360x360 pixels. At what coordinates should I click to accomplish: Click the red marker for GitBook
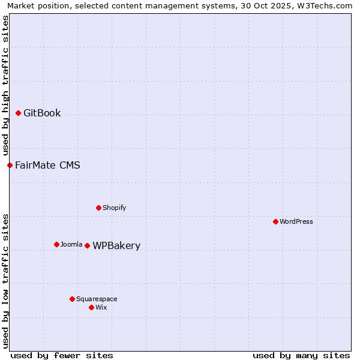pyautogui.click(x=18, y=113)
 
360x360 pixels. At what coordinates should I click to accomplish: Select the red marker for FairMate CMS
pyautogui.click(x=10, y=165)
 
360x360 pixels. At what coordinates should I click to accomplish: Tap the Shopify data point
pyautogui.click(x=98, y=208)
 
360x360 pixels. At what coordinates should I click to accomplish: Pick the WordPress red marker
pyautogui.click(x=275, y=222)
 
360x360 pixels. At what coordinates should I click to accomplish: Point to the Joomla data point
pyautogui.click(x=56, y=244)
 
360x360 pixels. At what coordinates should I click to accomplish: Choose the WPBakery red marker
pyautogui.click(x=87, y=245)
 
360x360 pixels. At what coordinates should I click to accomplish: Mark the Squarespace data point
pyautogui.click(x=72, y=299)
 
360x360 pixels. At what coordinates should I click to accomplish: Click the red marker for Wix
pyautogui.click(x=91, y=307)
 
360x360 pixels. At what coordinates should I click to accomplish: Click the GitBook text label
pyautogui.click(x=42, y=113)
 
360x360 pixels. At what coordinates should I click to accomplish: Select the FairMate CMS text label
pyautogui.click(x=47, y=165)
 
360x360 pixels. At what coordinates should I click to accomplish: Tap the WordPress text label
pyautogui.click(x=296, y=222)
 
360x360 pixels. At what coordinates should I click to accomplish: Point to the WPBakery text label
pyautogui.click(x=116, y=246)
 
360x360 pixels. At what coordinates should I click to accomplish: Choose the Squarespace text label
pyautogui.click(x=97, y=299)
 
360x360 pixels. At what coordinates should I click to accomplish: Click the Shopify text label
pyautogui.click(x=114, y=208)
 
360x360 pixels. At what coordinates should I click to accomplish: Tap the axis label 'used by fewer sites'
pyautogui.click(x=62, y=355)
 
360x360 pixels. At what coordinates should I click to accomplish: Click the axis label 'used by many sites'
pyautogui.click(x=301, y=355)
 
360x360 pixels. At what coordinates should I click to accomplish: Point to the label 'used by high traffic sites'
pyautogui.click(x=6, y=85)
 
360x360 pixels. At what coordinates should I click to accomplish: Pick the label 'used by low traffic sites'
pyautogui.click(x=6, y=281)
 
